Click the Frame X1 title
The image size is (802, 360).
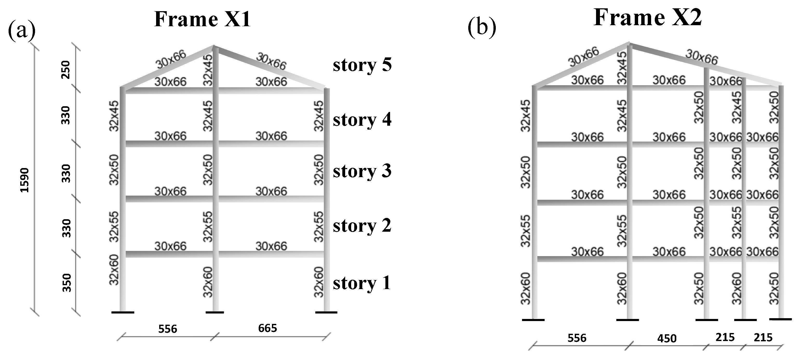(x=202, y=19)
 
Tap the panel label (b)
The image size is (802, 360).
(x=482, y=28)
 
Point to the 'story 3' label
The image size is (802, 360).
(x=362, y=171)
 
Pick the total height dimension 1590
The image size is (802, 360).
(x=25, y=180)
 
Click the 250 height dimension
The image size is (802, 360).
(x=66, y=70)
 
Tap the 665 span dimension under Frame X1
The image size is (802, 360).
(x=268, y=328)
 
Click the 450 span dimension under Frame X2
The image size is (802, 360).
(x=667, y=338)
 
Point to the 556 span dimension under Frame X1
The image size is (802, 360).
(x=168, y=329)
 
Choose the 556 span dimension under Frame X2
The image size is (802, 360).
(x=577, y=338)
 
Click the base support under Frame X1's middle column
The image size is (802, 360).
(x=215, y=312)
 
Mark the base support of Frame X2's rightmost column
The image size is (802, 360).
(x=780, y=319)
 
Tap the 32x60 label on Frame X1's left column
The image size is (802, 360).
(x=114, y=270)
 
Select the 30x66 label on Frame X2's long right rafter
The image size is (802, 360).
(x=702, y=58)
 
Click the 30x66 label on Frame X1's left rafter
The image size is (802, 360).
(x=171, y=59)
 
